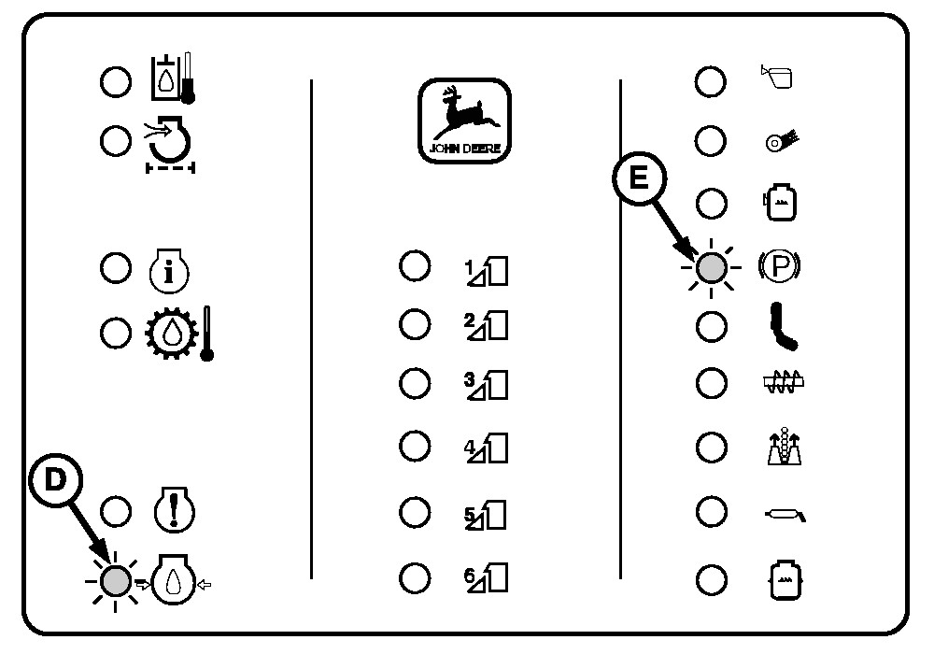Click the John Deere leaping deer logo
pos(465,120)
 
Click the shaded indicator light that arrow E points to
pos(712,269)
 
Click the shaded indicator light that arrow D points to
pos(116,580)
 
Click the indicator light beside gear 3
pos(414,383)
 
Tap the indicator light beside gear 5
pos(414,512)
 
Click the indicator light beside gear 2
pos(414,324)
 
